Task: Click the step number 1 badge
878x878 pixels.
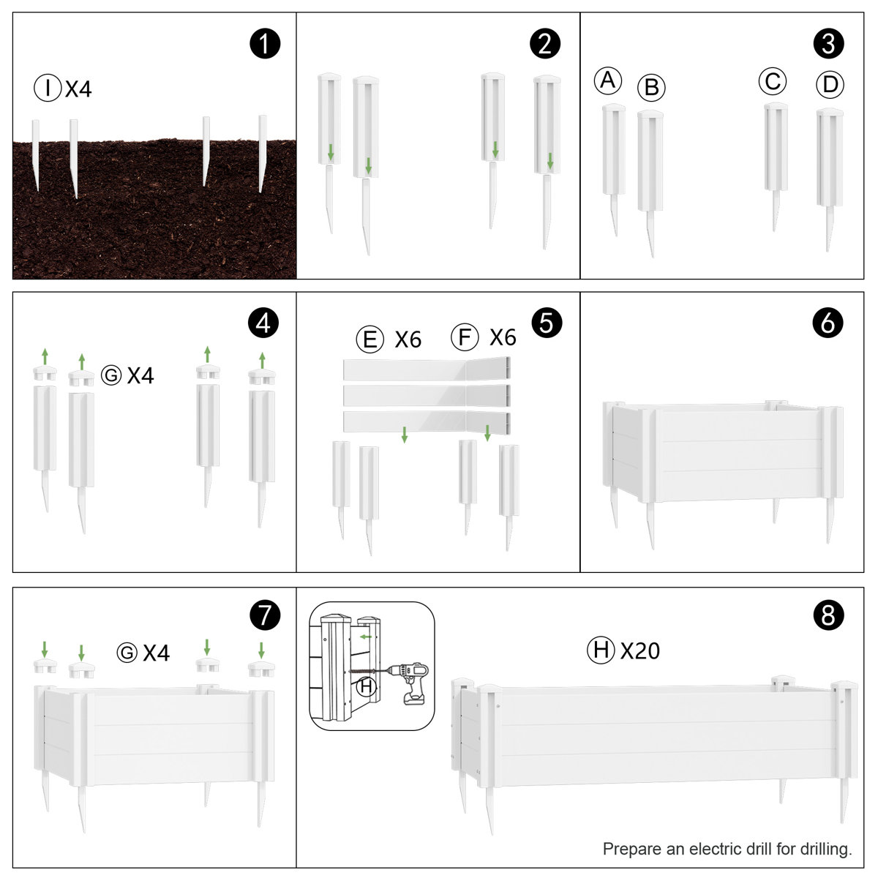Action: coord(265,44)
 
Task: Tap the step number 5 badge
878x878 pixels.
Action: coord(547,323)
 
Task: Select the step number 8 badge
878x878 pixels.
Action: coord(828,615)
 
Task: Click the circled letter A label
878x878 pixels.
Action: coord(608,80)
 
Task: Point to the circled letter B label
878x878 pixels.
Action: coord(651,88)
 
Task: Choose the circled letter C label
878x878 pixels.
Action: coord(773,81)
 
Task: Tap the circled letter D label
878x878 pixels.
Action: coord(830,85)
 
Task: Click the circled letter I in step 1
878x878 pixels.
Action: coord(48,88)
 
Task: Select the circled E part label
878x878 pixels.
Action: coord(370,339)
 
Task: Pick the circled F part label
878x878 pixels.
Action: coord(465,337)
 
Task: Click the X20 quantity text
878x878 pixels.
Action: coord(639,650)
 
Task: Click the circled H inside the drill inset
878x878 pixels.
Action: coord(366,686)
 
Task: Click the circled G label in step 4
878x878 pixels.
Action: coord(111,375)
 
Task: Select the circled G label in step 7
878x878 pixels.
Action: coord(127,653)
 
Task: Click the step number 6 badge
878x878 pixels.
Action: coord(828,323)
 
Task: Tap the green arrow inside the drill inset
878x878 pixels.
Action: coord(366,637)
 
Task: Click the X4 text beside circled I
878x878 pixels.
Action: coord(78,89)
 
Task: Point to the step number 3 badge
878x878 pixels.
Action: coord(828,44)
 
